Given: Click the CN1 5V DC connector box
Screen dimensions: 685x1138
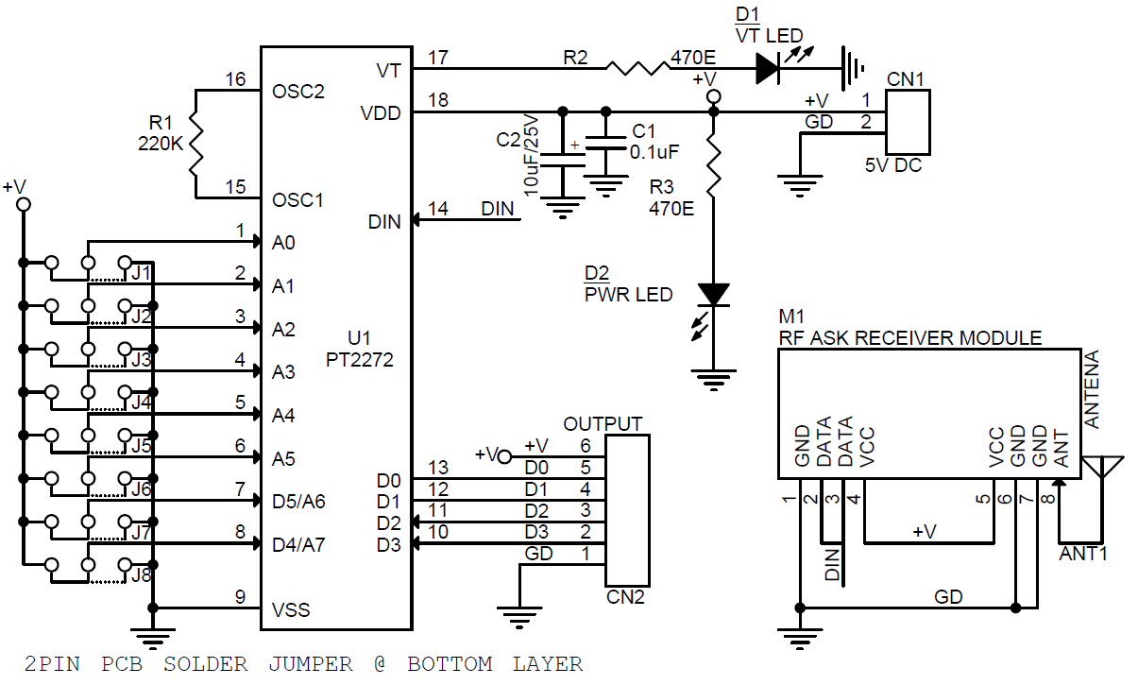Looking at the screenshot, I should pos(908,123).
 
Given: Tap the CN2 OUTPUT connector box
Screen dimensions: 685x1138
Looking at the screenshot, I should pos(626,510).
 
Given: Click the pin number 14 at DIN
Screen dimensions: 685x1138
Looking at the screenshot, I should pos(438,209).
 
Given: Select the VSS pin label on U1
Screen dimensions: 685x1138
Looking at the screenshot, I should pos(291,609).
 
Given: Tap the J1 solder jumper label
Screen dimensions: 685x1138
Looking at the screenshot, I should pos(142,272).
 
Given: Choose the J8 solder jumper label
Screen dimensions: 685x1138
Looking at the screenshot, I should pos(142,574).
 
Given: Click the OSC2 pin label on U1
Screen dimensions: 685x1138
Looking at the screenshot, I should pos(297,92).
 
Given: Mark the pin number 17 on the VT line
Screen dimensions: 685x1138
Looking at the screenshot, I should pos(438,58).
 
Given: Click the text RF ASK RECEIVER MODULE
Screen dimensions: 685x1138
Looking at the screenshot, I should pos(909,338).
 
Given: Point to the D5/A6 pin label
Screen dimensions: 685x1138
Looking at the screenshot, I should pos(298,501).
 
